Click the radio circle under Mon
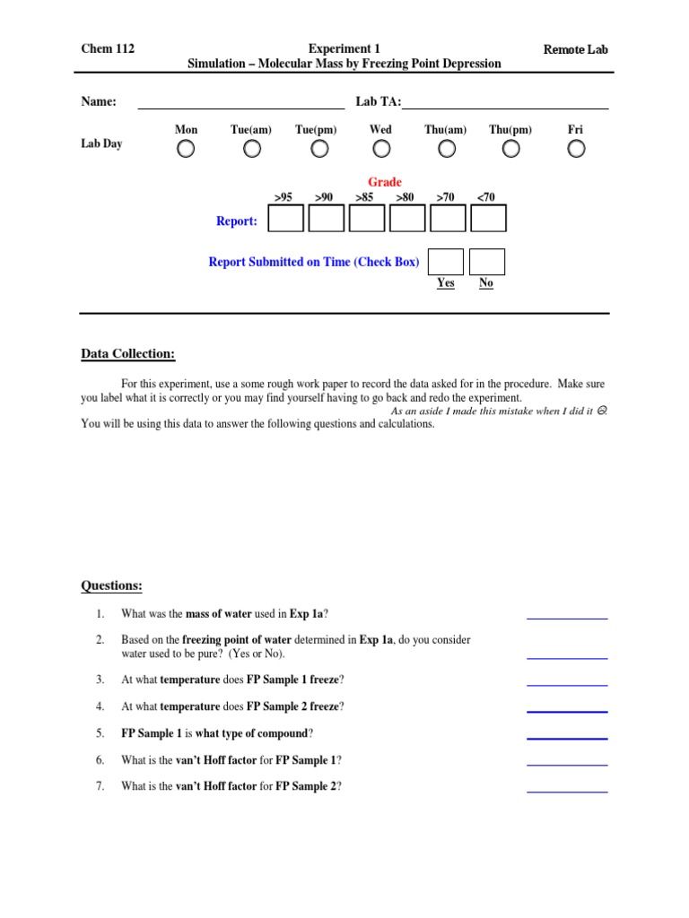pos(185,150)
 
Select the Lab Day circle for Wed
pos(380,150)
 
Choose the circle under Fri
pos(576,150)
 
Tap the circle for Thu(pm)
pos(510,150)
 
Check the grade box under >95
pos(285,219)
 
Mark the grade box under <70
pos(488,219)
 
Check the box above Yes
pos(446,262)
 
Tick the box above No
pos(486,262)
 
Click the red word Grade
pos(385,182)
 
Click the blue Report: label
pos(237,221)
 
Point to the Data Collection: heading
pos(128,354)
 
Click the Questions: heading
pos(111,586)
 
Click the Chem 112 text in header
pos(108,49)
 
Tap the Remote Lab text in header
pos(575,49)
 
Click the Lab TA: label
pos(378,102)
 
